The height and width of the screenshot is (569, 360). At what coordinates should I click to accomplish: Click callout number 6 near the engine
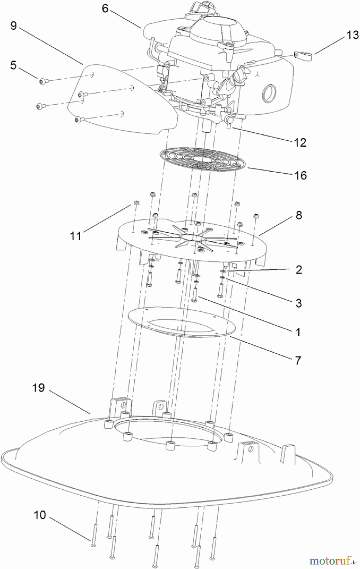pyautogui.click(x=105, y=9)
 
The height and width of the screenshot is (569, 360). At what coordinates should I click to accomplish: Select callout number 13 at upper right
pyautogui.click(x=352, y=35)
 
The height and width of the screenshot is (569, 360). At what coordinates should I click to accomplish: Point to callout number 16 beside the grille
pyautogui.click(x=301, y=175)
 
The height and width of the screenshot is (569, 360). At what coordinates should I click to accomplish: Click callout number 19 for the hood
pyautogui.click(x=39, y=388)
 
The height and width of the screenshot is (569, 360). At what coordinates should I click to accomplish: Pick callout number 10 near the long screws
pyautogui.click(x=40, y=515)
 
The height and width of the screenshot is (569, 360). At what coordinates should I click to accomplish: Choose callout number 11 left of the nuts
pyautogui.click(x=76, y=236)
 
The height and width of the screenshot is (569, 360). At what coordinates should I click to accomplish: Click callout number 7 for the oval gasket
pyautogui.click(x=298, y=360)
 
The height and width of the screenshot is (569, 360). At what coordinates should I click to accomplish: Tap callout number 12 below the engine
pyautogui.click(x=300, y=143)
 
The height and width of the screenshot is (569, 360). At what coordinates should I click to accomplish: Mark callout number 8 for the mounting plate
pyautogui.click(x=299, y=215)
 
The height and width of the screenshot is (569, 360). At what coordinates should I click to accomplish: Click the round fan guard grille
pyautogui.click(x=202, y=160)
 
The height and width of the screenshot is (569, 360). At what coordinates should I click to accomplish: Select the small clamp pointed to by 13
pyautogui.click(x=303, y=56)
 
